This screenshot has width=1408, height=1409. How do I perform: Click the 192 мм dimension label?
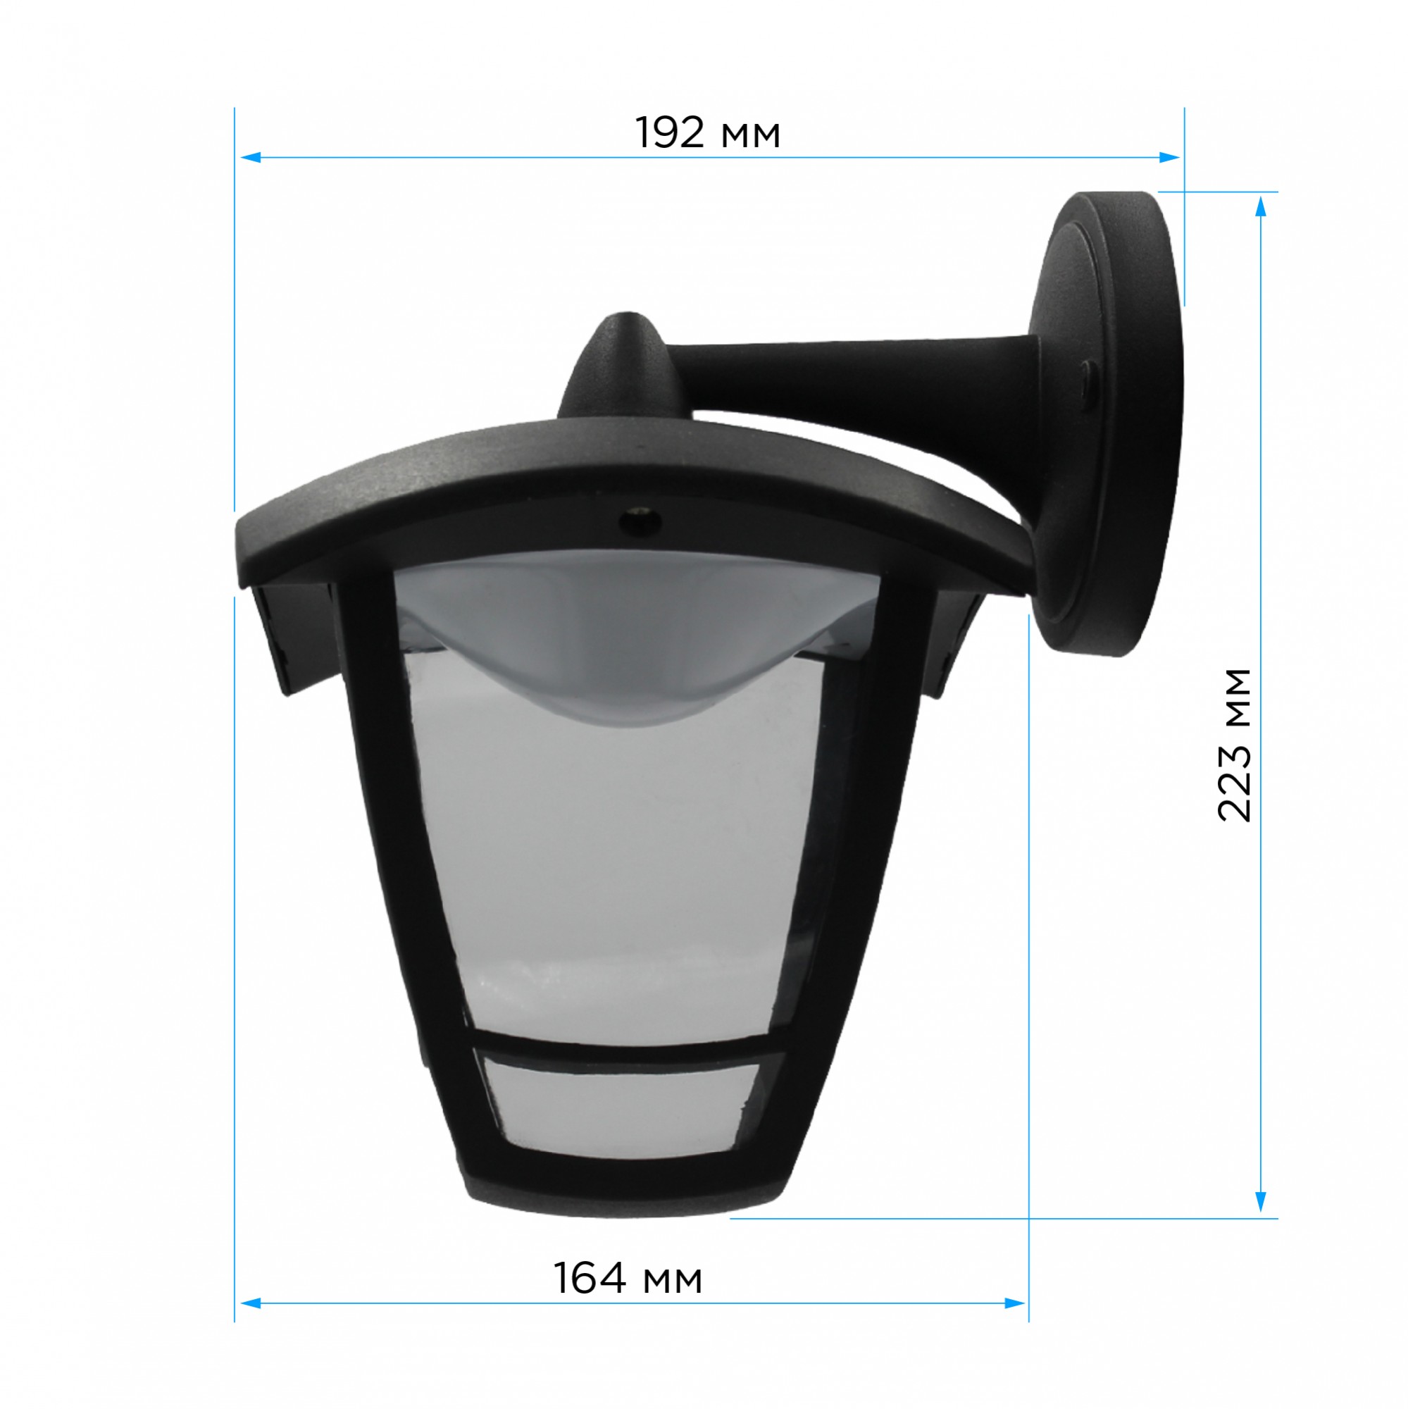(707, 132)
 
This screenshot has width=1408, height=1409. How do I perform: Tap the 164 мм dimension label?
(628, 1279)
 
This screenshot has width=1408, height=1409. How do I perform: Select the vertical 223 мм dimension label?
(1234, 745)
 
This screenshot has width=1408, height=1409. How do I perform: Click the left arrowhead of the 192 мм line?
(250, 157)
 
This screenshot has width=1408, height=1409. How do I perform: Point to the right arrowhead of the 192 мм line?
(1169, 157)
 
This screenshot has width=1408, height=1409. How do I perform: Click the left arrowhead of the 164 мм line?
(250, 1324)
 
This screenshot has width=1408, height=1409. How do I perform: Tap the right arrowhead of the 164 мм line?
(1015, 1324)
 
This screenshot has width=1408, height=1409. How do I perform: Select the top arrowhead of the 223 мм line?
(1261, 206)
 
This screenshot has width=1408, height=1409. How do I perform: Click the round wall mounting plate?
(1109, 423)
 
